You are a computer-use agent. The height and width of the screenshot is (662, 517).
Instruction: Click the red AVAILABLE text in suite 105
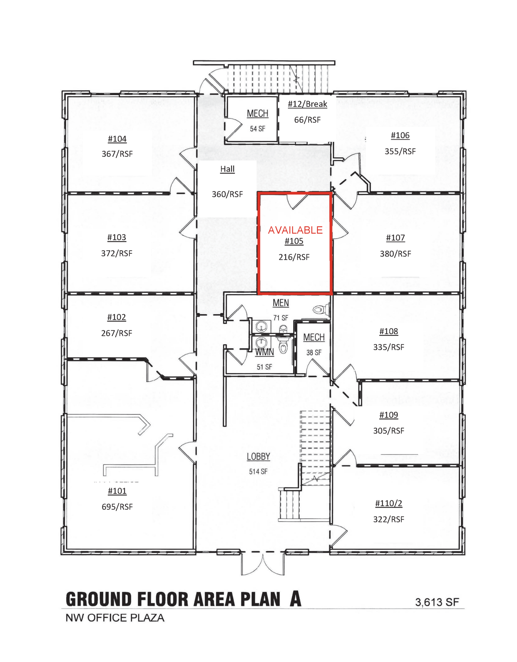pyautogui.click(x=295, y=230)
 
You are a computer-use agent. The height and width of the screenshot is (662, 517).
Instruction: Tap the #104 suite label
pyautogui.click(x=117, y=139)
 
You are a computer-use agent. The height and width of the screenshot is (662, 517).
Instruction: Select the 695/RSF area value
pyautogui.click(x=117, y=507)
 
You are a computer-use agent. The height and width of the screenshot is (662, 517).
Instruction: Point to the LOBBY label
pyautogui.click(x=258, y=456)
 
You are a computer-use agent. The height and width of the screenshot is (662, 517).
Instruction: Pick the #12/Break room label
pyautogui.click(x=307, y=104)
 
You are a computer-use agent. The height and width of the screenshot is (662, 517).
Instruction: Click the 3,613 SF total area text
pyautogui.click(x=437, y=602)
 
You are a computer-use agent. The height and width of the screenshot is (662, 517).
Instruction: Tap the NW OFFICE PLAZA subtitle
pyautogui.click(x=115, y=618)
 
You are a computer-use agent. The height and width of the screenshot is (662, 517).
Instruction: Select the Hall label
pyautogui.click(x=227, y=169)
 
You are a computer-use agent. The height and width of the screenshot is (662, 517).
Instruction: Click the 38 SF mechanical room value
pyautogui.click(x=314, y=353)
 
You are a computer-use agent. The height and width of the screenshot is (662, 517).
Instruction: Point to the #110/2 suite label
pyautogui.click(x=389, y=503)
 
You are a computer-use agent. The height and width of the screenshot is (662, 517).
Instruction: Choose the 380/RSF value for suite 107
pyautogui.click(x=395, y=254)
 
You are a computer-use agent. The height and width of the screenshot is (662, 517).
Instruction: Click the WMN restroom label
pyautogui.click(x=264, y=352)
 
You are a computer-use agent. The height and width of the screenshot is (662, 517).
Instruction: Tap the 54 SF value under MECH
pyautogui.click(x=257, y=129)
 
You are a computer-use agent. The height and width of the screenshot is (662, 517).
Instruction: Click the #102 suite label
pyautogui.click(x=117, y=317)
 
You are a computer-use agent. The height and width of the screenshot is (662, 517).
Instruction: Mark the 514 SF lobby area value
pyautogui.click(x=258, y=472)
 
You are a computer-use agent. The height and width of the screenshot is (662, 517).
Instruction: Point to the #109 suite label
pyautogui.click(x=389, y=415)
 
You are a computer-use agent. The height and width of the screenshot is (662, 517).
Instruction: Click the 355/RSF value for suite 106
pyautogui.click(x=400, y=151)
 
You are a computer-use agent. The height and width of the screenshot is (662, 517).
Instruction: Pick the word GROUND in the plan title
pyautogui.click(x=99, y=599)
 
